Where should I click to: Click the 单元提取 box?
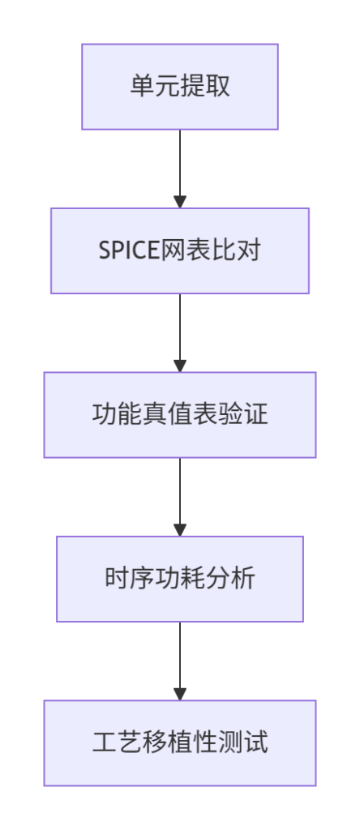(x=180, y=87)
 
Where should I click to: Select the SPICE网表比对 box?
(x=180, y=251)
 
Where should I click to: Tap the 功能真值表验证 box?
(x=180, y=415)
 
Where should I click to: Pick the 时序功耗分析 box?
(x=180, y=579)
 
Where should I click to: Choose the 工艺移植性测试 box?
(x=180, y=743)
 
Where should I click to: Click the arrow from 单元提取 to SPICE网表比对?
(x=180, y=169)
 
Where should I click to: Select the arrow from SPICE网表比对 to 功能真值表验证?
(x=180, y=333)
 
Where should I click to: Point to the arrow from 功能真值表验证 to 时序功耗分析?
(x=180, y=497)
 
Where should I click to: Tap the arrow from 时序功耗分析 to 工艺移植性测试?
(x=180, y=661)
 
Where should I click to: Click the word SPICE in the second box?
(x=129, y=251)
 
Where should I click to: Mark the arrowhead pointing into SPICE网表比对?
(x=180, y=202)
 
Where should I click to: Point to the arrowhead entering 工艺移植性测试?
(x=180, y=694)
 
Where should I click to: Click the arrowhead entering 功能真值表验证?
(x=180, y=366)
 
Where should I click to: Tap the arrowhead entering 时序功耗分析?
(x=180, y=530)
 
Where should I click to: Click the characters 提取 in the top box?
(x=205, y=87)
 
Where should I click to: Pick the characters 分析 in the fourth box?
(x=230, y=579)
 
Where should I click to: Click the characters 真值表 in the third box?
(x=180, y=415)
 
